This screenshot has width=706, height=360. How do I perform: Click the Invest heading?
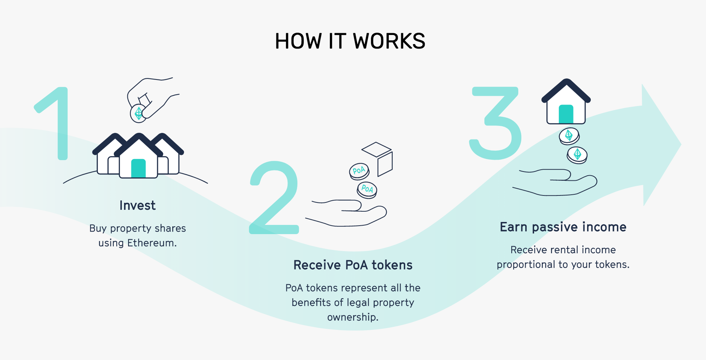click(137, 205)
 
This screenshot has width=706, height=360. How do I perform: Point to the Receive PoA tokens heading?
click(353, 265)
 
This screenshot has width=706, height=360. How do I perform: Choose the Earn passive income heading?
click(563, 227)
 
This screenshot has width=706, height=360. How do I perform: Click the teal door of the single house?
click(566, 114)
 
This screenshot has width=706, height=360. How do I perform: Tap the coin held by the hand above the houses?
click(138, 113)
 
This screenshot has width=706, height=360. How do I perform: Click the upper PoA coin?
click(359, 171)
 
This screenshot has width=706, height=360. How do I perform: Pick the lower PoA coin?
click(367, 190)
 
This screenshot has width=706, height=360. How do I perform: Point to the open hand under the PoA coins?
click(350, 213)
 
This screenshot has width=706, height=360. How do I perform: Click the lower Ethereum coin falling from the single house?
click(577, 155)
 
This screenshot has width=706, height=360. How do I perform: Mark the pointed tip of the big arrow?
click(680, 145)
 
